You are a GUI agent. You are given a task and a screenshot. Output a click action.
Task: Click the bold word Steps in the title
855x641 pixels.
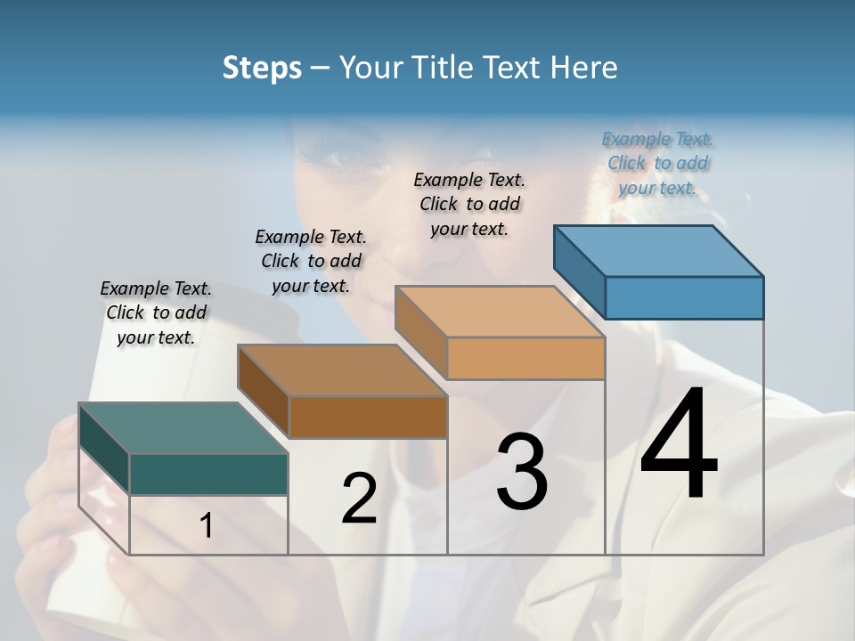click(x=262, y=68)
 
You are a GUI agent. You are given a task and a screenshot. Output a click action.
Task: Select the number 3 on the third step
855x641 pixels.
click(x=522, y=472)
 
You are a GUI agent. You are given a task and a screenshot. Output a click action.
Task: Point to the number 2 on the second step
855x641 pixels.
click(x=360, y=499)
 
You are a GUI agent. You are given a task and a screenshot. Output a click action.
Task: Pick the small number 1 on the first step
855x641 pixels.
click(x=207, y=526)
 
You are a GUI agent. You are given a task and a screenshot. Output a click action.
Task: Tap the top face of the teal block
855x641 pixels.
click(x=183, y=428)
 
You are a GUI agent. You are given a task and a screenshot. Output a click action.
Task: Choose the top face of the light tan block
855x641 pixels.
click(x=501, y=312)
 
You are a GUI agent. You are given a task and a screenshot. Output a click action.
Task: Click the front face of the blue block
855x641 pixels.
click(x=684, y=297)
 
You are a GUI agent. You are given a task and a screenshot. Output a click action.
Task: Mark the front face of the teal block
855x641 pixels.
click(x=208, y=474)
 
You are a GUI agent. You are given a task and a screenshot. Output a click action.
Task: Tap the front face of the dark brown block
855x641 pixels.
click(x=368, y=417)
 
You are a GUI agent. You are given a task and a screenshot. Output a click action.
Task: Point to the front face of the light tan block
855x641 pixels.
click(x=525, y=358)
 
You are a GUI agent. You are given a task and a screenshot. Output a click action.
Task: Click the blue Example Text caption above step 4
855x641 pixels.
click(x=657, y=163)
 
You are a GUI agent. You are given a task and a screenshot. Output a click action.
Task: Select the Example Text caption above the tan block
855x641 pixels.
click(x=469, y=204)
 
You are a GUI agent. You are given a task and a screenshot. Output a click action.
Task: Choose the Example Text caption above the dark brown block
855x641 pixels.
click(x=311, y=261)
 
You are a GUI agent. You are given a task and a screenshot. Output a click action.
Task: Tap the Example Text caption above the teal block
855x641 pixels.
click(x=156, y=312)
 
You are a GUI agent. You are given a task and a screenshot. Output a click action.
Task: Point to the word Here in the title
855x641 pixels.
click(x=585, y=68)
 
